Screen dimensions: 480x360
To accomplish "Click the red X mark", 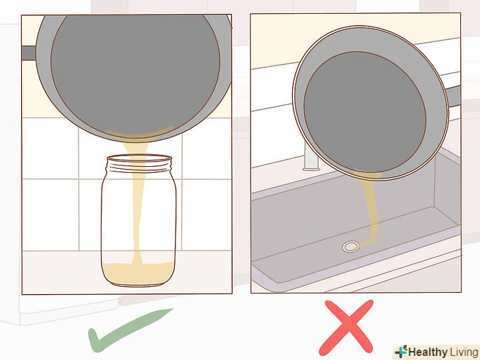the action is pos(346,328).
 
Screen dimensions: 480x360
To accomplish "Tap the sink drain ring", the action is pos(351,246).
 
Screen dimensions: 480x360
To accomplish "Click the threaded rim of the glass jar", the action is pos(139,164).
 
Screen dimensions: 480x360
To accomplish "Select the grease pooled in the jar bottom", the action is pos(138,273).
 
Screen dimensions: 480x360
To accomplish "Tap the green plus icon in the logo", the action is pos(401,352).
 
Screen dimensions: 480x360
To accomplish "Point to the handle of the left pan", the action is pos(29,53).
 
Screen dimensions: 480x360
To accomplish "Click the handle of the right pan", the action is pos(454,96).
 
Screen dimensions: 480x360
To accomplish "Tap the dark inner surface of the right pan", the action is pos(365,112).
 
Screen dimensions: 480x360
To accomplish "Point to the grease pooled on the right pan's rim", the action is pos(367,175).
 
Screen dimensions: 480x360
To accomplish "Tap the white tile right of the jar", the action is pos(206,214).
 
